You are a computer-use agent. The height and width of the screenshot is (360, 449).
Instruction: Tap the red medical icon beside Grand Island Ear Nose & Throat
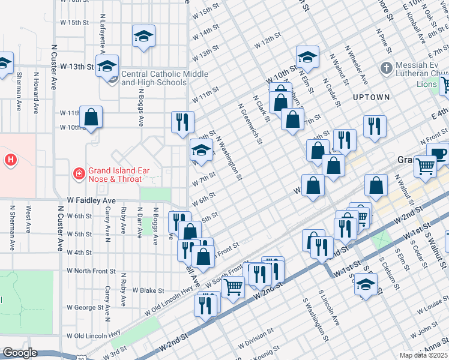pos(78,174)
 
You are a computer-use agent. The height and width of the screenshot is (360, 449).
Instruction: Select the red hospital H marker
pos(10,160)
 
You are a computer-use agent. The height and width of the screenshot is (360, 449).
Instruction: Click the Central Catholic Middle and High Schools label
pos(154,79)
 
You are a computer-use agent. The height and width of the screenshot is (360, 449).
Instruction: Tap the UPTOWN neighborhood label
pos(372,97)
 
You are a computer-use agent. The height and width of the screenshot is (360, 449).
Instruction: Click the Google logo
pos(20,353)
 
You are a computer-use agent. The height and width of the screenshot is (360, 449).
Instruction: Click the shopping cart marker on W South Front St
pos(233,287)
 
